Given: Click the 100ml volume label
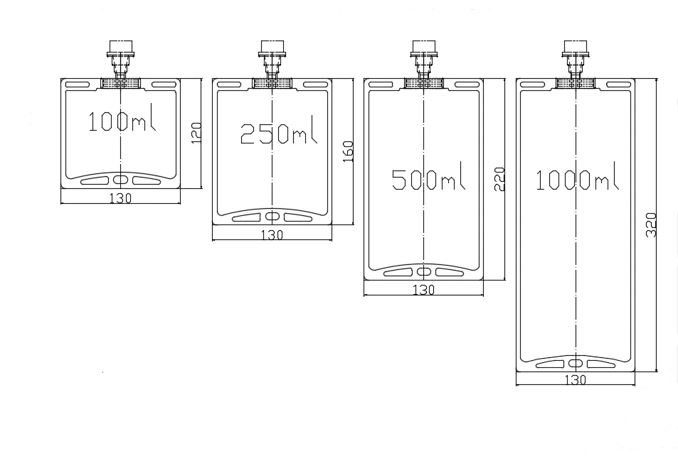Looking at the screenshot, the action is click(122, 121).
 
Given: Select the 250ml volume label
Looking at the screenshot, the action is click(278, 133).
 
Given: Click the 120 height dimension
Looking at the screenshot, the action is click(196, 133).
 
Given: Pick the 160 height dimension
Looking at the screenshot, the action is click(348, 151).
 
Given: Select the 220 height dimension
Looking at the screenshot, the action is click(499, 179).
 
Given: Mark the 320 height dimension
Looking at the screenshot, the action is click(651, 224).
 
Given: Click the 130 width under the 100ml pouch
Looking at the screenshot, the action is click(120, 198).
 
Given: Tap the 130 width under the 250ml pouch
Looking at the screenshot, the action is click(272, 235).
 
